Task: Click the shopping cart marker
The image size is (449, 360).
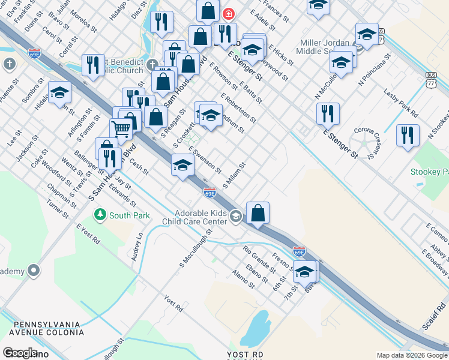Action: pos(121,128)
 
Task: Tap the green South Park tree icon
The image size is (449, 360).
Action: pos(100,214)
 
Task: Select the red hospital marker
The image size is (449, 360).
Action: pos(228,14)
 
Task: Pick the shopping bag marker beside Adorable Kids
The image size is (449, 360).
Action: pos(258,213)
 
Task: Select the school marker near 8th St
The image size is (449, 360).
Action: pos(305,272)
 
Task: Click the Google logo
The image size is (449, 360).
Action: pos(20,353)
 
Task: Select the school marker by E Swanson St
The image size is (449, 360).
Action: pos(182,165)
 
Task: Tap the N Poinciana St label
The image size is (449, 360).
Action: pos(375,70)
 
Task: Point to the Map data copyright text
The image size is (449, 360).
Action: pos(411,355)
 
